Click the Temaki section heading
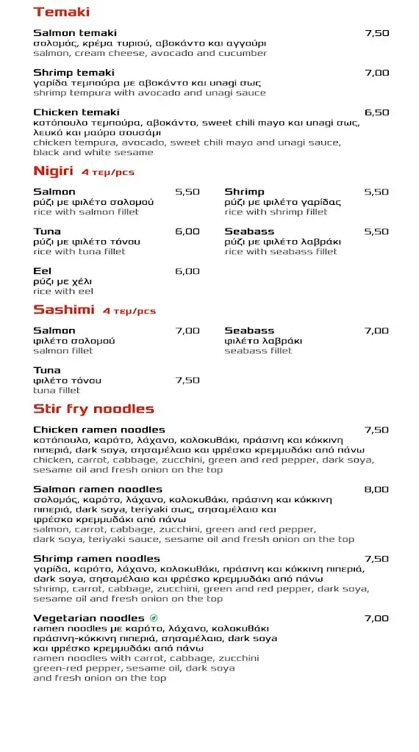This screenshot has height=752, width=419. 62,12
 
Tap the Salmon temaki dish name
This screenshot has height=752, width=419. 75,33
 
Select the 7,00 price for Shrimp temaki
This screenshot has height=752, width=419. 376,73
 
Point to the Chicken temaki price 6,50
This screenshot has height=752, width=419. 376,112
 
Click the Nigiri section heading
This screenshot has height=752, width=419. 54,171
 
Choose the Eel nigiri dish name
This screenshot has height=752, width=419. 42,271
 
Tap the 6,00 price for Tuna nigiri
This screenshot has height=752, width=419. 187,231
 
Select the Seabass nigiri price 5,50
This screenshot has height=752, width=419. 376,231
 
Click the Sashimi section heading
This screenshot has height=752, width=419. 64,310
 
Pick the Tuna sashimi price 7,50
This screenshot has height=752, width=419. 187,380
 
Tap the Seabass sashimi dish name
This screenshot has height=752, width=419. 249,330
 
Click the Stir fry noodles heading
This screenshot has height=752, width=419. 93,408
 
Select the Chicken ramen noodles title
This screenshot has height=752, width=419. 99,430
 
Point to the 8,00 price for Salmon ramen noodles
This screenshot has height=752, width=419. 376,489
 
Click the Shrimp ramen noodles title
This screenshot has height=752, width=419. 96,559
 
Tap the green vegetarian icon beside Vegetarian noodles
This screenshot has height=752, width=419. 154,618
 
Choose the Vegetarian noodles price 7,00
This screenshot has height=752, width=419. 376,618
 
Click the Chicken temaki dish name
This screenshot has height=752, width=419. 76,112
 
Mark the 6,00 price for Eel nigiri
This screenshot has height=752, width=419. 187,271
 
